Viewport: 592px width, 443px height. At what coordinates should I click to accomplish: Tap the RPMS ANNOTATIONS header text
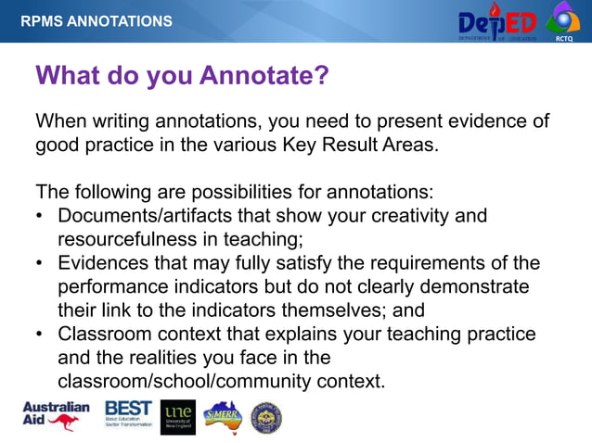click(x=97, y=20)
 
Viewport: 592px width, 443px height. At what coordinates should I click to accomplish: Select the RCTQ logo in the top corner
click(x=563, y=20)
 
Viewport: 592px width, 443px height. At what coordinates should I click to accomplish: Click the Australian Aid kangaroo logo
click(x=56, y=416)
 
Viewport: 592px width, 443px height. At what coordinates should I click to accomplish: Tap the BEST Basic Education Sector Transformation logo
click(x=129, y=416)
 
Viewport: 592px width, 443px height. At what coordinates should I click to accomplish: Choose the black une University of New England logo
click(x=178, y=417)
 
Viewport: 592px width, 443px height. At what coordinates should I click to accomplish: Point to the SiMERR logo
click(x=223, y=416)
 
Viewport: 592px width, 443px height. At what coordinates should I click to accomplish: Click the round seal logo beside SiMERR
click(x=266, y=417)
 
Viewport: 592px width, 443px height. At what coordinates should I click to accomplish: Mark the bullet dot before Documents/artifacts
click(x=40, y=217)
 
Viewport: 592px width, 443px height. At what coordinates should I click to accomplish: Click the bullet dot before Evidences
click(x=40, y=264)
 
